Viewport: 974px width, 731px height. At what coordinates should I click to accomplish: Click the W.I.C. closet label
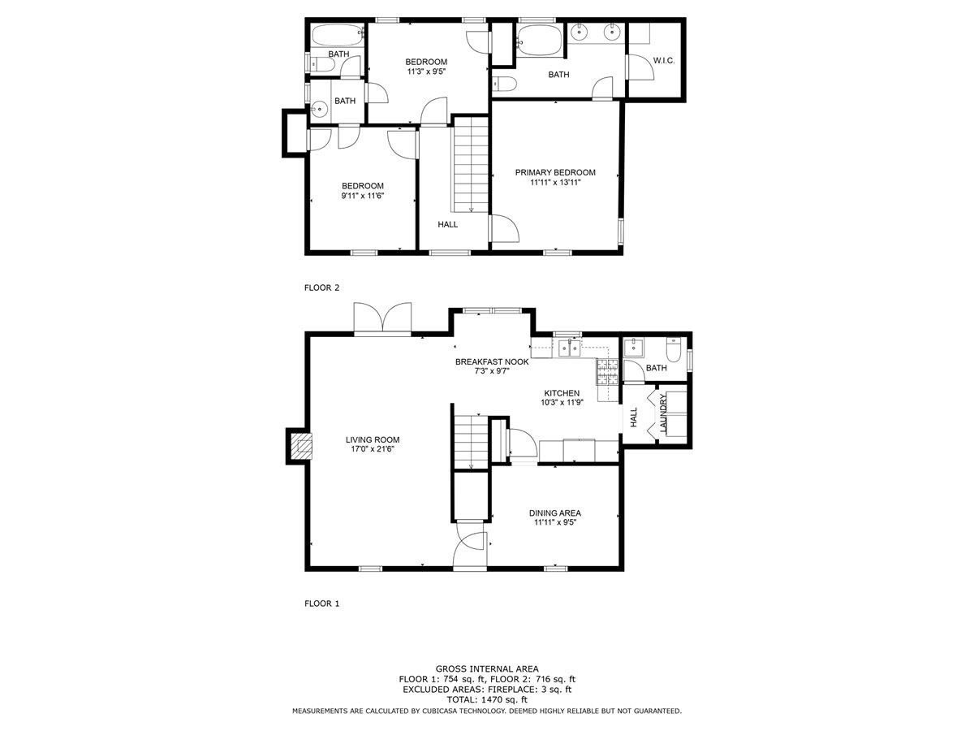tap(663, 60)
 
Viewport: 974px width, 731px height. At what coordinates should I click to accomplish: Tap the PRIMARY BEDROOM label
tap(554, 172)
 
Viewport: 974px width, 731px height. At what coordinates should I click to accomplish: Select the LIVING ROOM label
tap(373, 439)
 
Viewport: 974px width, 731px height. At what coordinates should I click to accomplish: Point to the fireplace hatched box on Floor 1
tap(301, 447)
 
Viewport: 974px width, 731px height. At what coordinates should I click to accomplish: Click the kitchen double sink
tap(569, 347)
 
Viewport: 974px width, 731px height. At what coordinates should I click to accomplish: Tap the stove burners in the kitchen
tap(606, 372)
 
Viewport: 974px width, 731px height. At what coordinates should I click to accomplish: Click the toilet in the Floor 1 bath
tap(673, 350)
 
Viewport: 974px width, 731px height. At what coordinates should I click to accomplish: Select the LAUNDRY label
tap(663, 413)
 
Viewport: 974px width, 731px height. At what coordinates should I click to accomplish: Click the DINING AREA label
tap(554, 513)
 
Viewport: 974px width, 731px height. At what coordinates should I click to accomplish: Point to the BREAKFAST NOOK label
tap(492, 361)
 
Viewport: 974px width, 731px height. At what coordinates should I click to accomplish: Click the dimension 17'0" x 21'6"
tap(373, 448)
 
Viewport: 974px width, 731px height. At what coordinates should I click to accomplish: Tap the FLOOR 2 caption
tap(321, 288)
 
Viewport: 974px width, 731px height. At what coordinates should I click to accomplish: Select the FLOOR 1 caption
tap(321, 603)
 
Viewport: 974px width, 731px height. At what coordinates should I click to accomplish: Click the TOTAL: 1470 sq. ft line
tap(487, 700)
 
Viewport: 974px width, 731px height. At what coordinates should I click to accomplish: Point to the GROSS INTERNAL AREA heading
tap(487, 668)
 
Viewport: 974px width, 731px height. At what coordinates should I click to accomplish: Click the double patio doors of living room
tap(382, 318)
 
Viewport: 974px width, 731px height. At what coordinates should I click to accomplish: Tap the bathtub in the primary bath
tap(540, 41)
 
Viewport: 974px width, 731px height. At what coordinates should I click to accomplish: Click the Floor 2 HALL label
tap(447, 224)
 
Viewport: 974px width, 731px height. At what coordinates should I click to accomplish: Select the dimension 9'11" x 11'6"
tap(362, 195)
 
